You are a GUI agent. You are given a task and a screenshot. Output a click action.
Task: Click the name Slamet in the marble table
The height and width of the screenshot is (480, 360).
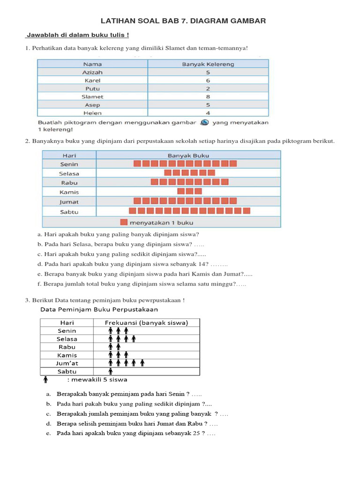coord(92,97)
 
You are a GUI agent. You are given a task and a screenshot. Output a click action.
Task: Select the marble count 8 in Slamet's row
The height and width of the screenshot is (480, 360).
coord(208,97)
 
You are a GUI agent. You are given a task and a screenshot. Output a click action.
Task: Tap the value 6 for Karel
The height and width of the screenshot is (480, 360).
coord(208,81)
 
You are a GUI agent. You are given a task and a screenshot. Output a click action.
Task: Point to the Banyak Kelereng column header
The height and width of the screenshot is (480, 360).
coord(208,64)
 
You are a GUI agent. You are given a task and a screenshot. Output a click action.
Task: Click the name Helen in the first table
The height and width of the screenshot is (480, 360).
coord(92,113)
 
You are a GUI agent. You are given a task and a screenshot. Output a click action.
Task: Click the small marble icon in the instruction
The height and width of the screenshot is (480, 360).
coord(204,123)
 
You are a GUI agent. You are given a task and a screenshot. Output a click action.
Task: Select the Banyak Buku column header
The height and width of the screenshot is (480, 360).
coord(188,155)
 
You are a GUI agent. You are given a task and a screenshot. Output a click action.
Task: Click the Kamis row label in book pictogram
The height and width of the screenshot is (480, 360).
coord(69,192)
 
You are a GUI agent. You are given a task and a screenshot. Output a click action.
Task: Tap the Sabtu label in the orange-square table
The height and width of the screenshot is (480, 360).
coord(69,212)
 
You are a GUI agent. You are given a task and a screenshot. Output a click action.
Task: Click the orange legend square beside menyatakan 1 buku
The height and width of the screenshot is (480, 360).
coord(124,223)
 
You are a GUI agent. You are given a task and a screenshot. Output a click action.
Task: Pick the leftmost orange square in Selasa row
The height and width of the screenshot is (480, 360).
coord(168,173)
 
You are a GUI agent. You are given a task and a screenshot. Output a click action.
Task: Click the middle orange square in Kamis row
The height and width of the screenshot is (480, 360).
coord(190,191)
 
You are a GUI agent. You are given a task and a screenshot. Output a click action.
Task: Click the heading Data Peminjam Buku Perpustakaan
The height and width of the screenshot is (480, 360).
coord(99,309)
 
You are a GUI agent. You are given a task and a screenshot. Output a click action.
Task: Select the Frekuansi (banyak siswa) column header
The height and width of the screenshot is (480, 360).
coord(146,322)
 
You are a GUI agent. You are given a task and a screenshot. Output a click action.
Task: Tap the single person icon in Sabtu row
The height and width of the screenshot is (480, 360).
coord(111,371)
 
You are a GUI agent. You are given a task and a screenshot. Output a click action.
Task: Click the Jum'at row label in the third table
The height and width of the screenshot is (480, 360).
coord(67,363)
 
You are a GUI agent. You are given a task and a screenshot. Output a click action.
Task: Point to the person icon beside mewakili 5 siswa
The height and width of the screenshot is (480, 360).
coord(46,379)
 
